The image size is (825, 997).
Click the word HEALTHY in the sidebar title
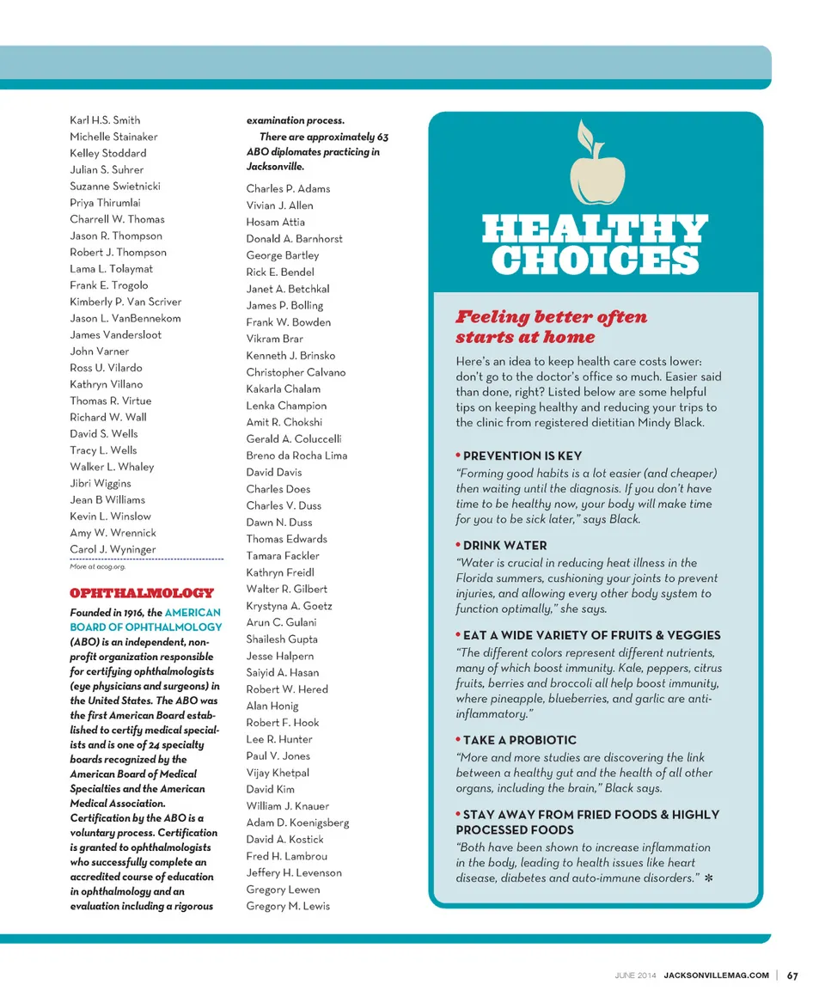tap(595, 231)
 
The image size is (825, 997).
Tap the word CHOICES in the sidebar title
tap(595, 260)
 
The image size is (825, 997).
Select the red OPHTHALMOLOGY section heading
tap(142, 593)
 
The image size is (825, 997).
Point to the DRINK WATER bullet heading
tap(504, 546)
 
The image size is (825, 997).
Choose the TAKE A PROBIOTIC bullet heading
tap(519, 740)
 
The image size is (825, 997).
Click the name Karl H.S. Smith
tap(105, 120)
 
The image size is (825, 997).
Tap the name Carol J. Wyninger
tap(113, 549)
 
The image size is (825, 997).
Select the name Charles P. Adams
tap(288, 189)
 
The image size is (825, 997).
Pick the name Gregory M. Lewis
tap(288, 906)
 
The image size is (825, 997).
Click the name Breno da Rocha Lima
tap(296, 456)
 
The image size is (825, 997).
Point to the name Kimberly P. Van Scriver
tap(125, 302)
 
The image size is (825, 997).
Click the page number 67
tap(792, 976)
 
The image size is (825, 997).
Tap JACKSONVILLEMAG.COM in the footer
tap(716, 976)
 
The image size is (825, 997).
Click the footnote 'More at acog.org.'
tap(97, 567)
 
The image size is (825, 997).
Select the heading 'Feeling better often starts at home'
tap(550, 327)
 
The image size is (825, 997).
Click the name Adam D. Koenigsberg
tap(297, 823)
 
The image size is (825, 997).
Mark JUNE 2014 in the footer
tap(635, 976)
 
